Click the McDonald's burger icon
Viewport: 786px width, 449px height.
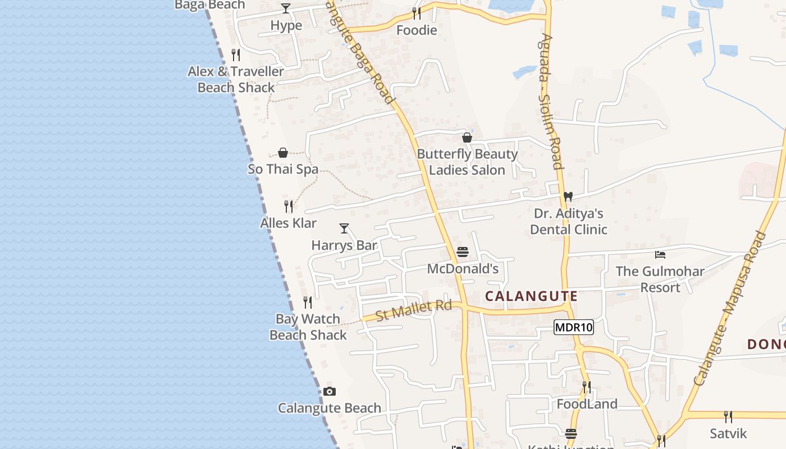463,252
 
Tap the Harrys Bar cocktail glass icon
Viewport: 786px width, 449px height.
344,228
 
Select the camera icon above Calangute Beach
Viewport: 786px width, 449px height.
330,391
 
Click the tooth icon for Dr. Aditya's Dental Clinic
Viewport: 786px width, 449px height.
568,197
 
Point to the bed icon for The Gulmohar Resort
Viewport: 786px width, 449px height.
660,255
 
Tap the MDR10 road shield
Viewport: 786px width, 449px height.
573,327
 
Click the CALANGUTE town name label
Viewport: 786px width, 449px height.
531,296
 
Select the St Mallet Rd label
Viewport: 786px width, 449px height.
414,310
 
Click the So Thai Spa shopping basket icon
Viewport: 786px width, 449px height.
283,153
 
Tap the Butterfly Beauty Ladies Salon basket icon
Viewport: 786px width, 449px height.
467,138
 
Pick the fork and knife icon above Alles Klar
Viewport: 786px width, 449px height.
289,207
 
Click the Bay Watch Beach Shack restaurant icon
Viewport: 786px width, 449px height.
308,303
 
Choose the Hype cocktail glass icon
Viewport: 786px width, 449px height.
286,8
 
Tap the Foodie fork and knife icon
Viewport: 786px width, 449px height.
416,13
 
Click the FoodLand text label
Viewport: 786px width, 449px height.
587,404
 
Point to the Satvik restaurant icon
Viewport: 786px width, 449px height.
728,417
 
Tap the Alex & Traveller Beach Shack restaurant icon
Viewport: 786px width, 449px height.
236,55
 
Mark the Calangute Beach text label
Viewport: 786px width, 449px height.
330,408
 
